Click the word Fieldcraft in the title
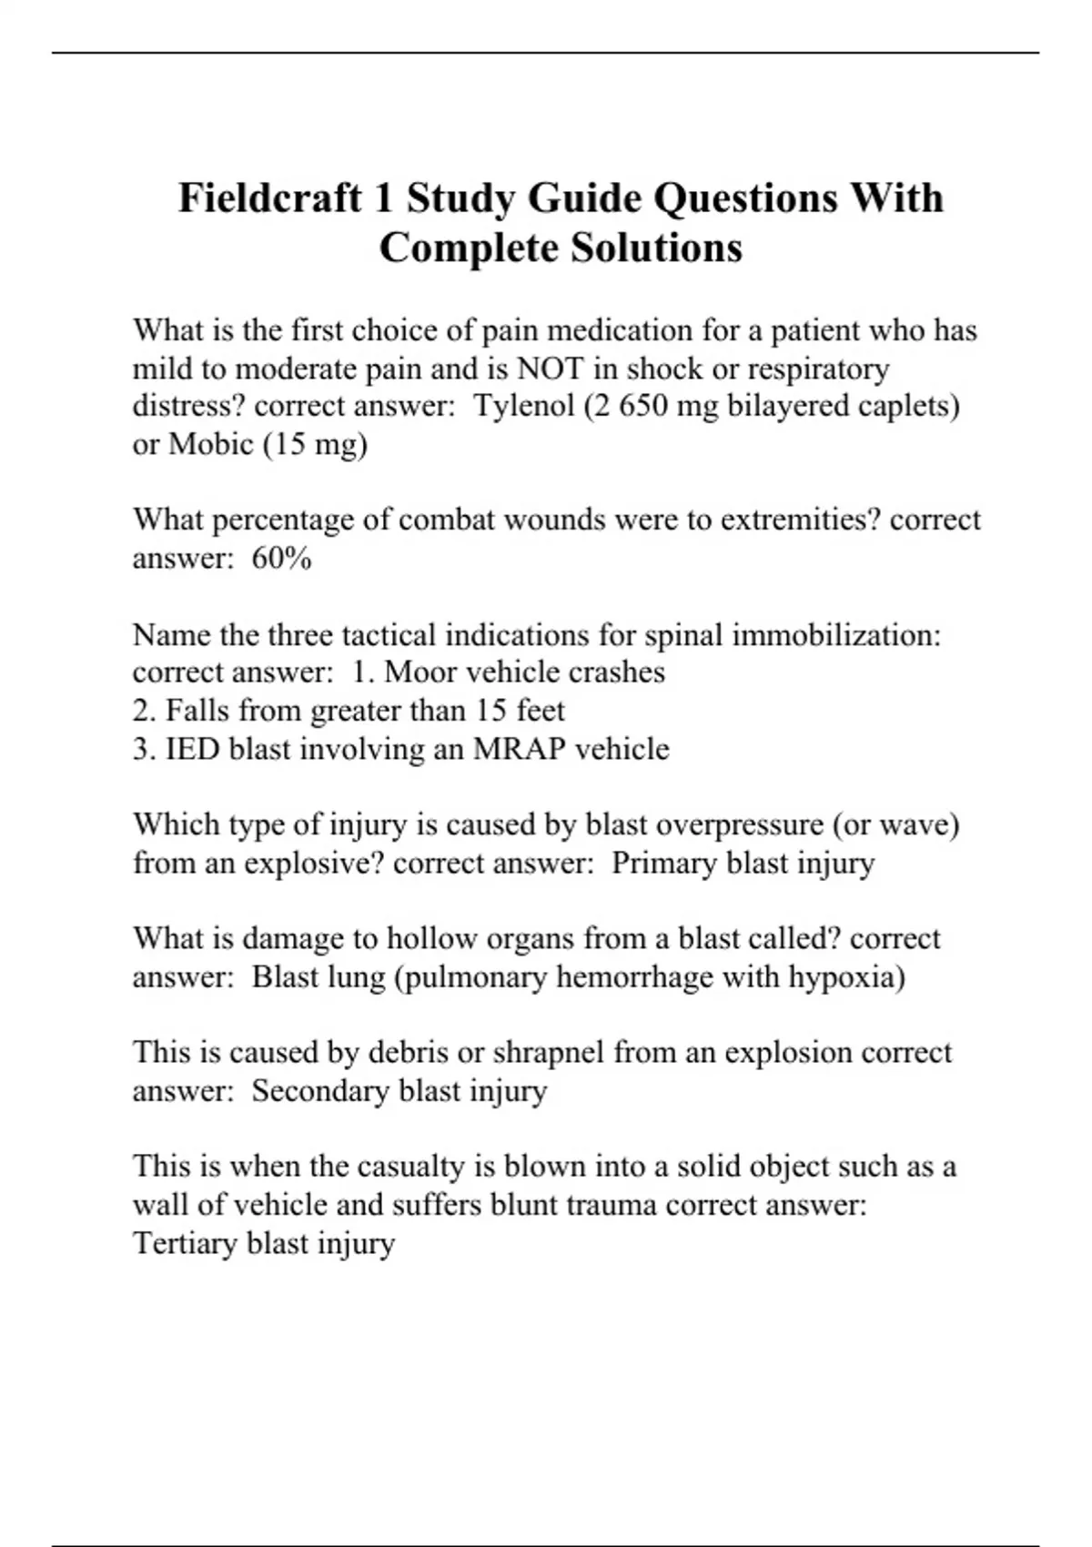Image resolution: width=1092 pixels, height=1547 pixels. point(270,197)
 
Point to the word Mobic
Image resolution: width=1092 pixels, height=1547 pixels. point(211,444)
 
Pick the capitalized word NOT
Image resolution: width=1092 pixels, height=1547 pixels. point(551,369)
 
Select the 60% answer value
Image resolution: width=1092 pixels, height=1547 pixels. point(282,558)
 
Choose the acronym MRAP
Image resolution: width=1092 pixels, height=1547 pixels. point(521,749)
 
